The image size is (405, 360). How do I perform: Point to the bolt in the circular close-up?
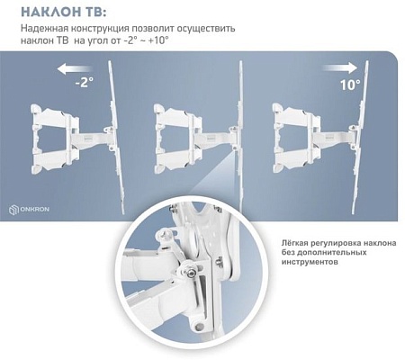[x=192, y=275]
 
